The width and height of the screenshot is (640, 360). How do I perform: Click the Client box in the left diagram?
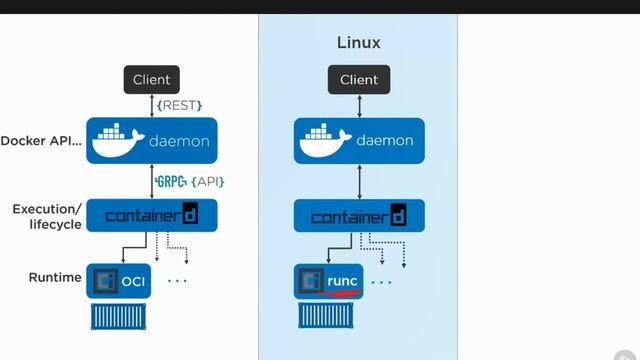point(151,80)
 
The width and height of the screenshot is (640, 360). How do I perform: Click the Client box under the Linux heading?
point(359,80)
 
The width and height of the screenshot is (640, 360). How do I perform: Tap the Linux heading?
point(358,43)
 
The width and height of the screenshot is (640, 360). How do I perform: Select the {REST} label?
point(179,105)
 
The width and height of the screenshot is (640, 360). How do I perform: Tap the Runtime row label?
point(54,277)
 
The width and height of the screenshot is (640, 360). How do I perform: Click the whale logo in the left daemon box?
point(118,141)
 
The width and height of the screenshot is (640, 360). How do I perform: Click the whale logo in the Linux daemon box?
point(326,141)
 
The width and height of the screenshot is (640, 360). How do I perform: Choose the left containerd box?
point(151,215)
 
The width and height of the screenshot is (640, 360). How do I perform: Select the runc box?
point(328,281)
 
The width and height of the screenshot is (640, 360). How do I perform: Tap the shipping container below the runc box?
point(328,318)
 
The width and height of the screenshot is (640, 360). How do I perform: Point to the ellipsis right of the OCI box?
point(177,282)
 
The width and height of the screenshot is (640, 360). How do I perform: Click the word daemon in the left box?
point(179,142)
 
